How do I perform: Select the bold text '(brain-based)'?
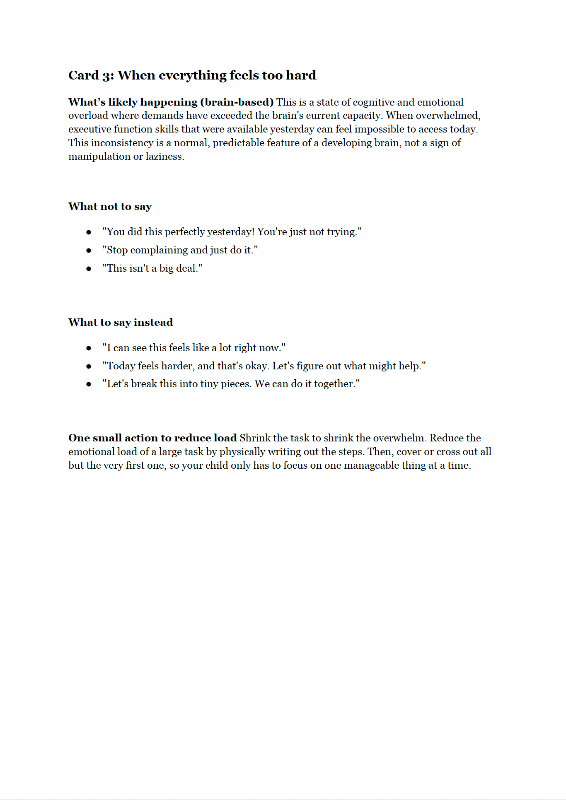pos(237,102)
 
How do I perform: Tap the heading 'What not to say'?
pos(110,207)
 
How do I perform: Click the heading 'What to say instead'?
pos(121,323)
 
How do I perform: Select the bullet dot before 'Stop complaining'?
pos(89,251)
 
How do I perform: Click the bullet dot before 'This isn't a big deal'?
pos(89,269)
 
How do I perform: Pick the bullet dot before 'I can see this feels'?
pos(89,348)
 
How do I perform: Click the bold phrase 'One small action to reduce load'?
pos(152,438)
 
